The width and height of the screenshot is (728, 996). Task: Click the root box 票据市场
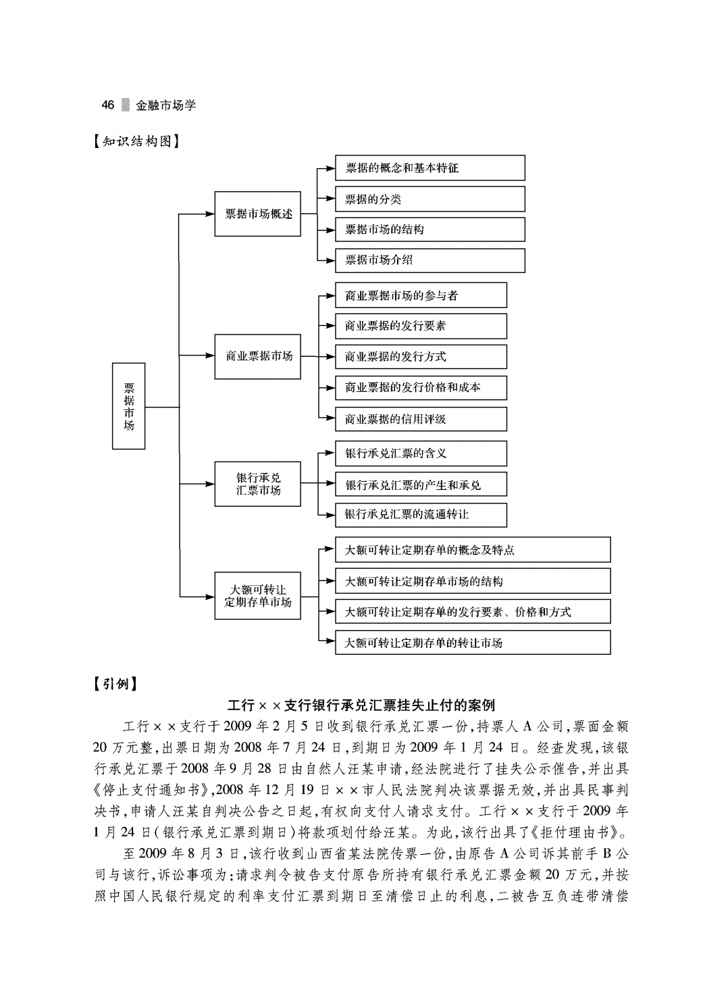coord(128,406)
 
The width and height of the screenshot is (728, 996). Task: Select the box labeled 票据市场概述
coord(257,214)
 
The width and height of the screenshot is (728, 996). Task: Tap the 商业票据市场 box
coord(257,357)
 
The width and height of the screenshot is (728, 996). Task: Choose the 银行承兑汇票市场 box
coord(257,484)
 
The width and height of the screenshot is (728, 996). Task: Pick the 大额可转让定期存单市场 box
coord(257,596)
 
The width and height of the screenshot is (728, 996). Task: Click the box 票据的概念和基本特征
coord(430,168)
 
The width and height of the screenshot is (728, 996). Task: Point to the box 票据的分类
coord(430,199)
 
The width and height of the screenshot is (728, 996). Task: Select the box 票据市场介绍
coord(430,260)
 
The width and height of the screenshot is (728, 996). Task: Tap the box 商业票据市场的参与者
coord(421,295)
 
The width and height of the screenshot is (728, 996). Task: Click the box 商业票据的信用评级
coord(421,419)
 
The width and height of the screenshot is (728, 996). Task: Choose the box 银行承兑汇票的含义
coord(421,453)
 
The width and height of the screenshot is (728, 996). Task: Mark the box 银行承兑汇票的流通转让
coord(421,515)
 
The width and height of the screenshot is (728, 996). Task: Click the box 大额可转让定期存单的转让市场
coord(473,643)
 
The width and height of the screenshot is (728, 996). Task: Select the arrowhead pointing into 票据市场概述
coord(210,214)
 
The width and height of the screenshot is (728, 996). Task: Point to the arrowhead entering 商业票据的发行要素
coord(330,326)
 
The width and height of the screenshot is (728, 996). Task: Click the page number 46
coord(108,105)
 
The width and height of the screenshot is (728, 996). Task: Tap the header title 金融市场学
coord(165,105)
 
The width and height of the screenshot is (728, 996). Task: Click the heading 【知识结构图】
coord(136,141)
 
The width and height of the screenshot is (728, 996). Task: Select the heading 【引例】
coord(115,684)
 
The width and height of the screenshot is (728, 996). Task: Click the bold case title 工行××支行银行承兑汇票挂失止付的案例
coord(361,705)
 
